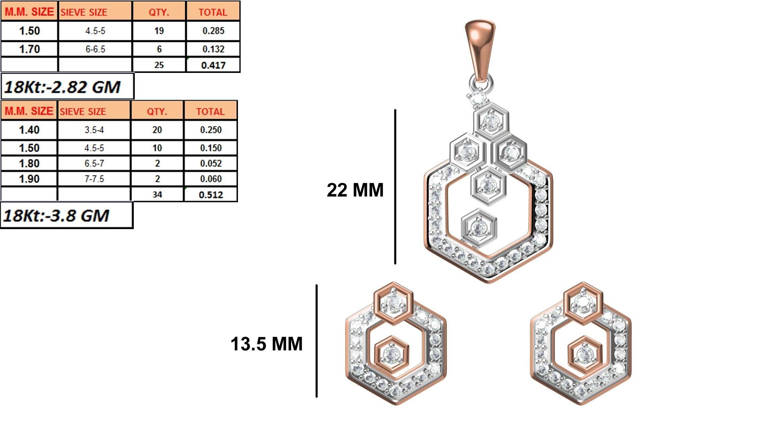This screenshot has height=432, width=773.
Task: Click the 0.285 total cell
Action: click(213, 31)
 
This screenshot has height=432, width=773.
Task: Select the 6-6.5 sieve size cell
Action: click(95, 49)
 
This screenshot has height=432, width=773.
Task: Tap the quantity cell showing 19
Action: click(159, 31)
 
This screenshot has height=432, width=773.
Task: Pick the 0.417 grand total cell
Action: click(213, 65)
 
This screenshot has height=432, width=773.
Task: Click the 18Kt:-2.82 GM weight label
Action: click(63, 87)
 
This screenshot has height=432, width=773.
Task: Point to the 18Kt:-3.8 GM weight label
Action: click(56, 215)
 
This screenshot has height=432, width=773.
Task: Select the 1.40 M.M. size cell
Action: click(29, 130)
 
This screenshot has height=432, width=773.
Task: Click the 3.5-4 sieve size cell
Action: click(94, 130)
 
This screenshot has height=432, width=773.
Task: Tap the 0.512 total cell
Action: click(211, 195)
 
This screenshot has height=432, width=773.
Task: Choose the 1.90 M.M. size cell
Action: click(29, 179)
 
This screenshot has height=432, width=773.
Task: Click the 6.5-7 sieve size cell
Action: click(94, 164)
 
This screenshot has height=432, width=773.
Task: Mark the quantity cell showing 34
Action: click(157, 195)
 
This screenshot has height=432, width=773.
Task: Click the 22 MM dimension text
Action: click(355, 190)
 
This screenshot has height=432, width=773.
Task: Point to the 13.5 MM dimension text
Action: click(267, 344)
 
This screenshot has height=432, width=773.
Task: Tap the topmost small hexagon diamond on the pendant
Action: click(491, 121)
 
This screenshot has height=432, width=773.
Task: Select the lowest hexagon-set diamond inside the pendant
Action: click(479, 227)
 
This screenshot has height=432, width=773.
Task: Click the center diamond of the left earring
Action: click(391, 354)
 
